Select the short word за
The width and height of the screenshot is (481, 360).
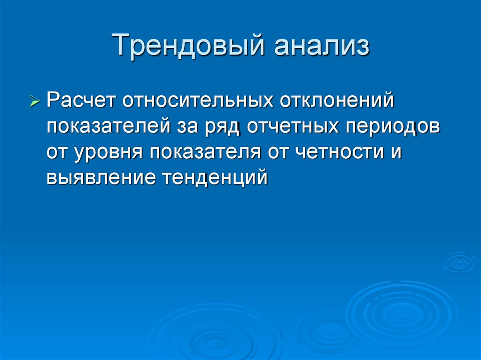[187, 127]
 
